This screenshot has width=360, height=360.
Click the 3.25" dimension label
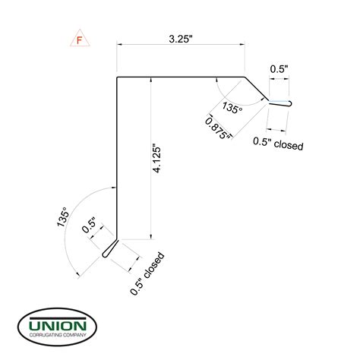[181, 36]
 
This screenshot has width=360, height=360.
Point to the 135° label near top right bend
[232, 108]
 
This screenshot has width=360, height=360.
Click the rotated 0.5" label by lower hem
[89, 226]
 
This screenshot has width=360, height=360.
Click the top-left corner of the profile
[116, 77]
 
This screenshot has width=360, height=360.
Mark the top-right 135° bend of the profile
[245, 77]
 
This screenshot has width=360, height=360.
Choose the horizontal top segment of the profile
[181, 77]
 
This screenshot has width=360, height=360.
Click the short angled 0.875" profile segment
[257, 89]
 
